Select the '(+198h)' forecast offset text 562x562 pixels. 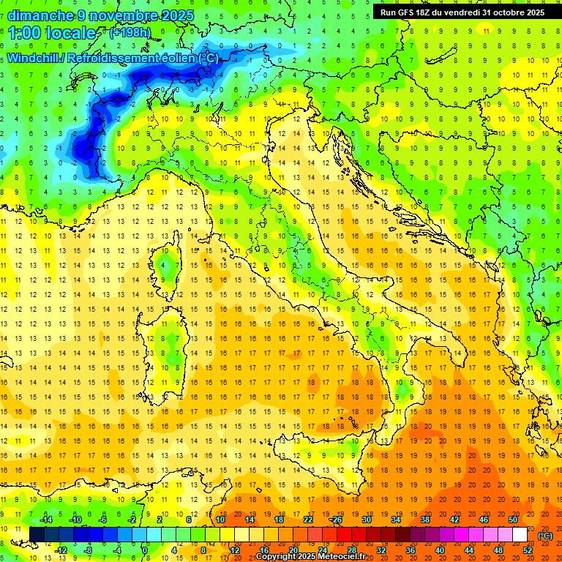130,33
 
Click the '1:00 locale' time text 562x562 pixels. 52,33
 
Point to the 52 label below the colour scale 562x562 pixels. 527,550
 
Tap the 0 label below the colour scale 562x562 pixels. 145,550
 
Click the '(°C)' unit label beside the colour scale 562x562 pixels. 544,535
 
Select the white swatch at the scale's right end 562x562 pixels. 520,534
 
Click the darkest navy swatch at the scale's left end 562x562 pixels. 37,534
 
